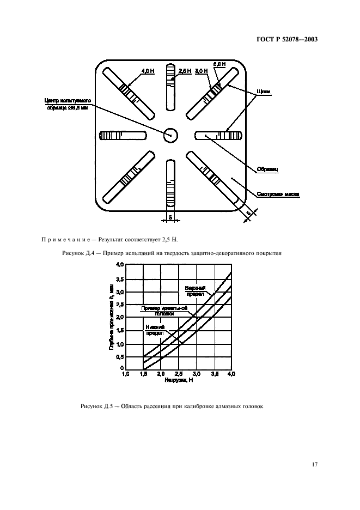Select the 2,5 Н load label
tap(185, 71)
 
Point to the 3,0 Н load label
tap(202, 71)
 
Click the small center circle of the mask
tap(170, 134)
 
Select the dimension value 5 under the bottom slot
tap(170, 217)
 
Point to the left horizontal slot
tap(122, 135)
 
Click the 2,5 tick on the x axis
tap(178, 374)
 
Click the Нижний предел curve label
tap(155, 330)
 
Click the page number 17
tap(314, 464)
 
